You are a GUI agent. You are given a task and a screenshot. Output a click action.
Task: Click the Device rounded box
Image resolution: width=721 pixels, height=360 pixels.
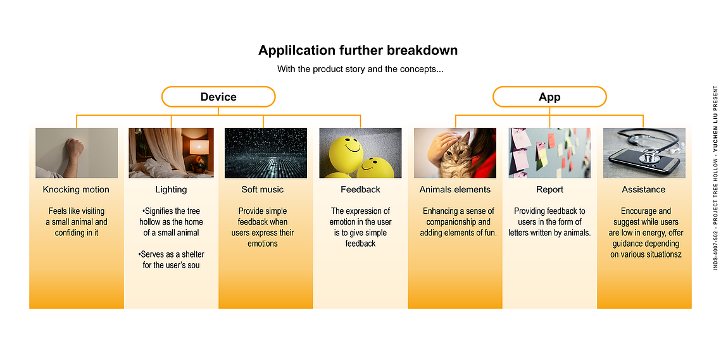pos(218,97)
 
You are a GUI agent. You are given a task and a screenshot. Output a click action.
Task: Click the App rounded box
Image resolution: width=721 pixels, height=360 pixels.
pos(549,97)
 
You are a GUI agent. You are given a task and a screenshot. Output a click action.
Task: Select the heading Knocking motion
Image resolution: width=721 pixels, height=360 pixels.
pos(77,189)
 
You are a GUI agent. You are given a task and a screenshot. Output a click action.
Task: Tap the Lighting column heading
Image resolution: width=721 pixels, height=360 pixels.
pos(171,189)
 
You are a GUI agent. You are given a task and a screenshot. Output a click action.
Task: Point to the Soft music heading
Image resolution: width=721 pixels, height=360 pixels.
pos(263,189)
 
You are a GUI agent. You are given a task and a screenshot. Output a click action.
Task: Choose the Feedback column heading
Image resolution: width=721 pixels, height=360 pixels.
pos(361,189)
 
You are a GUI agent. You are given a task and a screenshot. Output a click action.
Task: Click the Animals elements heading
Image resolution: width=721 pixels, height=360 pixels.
pos(455,189)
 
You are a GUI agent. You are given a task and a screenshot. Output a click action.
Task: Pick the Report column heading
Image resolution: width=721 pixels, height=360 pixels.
pos(549,189)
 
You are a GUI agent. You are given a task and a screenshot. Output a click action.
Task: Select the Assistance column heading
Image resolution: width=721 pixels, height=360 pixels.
pos(644,189)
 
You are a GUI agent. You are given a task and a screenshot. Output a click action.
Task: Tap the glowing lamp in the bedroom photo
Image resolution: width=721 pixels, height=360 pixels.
pos(199,147)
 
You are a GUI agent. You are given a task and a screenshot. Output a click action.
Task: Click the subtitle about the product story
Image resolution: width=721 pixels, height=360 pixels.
pos(361,70)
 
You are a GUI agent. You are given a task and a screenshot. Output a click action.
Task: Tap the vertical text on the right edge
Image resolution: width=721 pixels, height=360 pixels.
pos(715,178)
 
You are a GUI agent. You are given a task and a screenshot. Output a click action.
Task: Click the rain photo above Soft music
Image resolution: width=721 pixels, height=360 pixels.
pos(265,152)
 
